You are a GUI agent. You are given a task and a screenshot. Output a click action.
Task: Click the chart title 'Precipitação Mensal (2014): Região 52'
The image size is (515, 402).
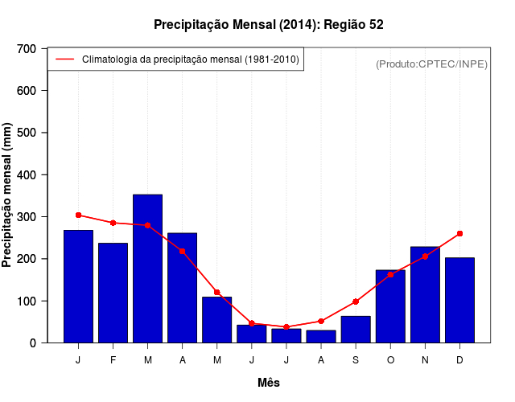268,25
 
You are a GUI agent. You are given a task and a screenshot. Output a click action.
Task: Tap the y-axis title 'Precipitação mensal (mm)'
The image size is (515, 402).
7,195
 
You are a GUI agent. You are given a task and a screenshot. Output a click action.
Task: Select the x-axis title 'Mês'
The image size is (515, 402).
269,383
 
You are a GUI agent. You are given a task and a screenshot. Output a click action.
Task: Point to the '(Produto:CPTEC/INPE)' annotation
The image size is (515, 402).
431,64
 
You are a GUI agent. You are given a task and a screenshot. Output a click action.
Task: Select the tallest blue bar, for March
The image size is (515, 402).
148,269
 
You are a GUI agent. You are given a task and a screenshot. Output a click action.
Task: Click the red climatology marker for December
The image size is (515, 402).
459,234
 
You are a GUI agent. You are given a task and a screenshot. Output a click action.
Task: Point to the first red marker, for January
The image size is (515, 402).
79,215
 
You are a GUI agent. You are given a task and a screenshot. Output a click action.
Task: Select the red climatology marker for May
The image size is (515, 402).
217,292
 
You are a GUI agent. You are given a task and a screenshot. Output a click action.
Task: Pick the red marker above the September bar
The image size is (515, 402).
356,301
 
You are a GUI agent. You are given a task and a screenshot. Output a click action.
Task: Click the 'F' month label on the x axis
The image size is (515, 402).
113,360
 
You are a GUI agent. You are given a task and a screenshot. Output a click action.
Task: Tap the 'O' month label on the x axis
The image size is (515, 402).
390,360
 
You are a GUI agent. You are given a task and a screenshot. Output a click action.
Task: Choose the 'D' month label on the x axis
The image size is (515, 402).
459,360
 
